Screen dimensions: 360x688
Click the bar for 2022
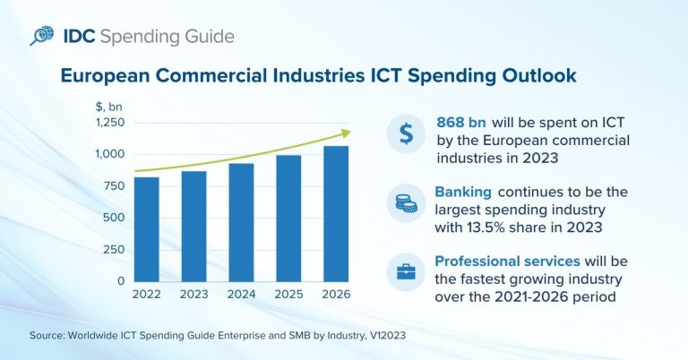pyautogui.click(x=146, y=229)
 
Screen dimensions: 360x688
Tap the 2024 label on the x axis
pyautogui.click(x=241, y=295)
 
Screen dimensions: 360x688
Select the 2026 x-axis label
pyautogui.click(x=336, y=295)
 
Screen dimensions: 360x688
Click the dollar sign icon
pyautogui.click(x=406, y=134)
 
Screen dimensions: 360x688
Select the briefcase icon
pyautogui.click(x=406, y=271)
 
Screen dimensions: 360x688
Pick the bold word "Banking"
pyautogui.click(x=463, y=192)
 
